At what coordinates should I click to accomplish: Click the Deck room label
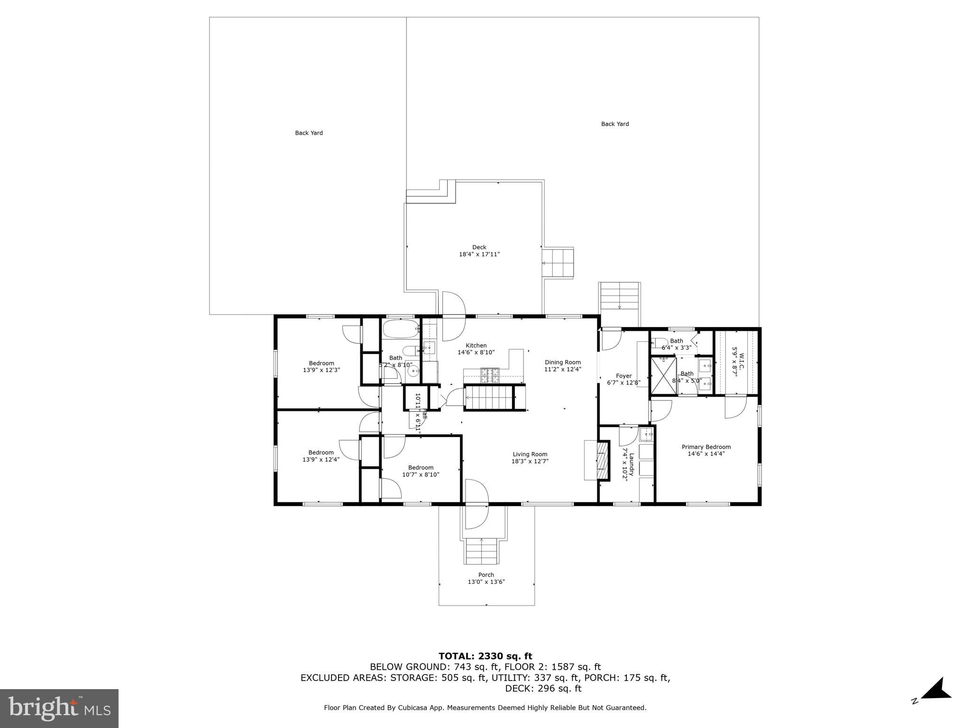[x=479, y=247]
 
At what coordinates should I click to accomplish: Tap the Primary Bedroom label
[x=706, y=447]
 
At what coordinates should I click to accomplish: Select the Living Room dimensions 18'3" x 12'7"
[x=530, y=461]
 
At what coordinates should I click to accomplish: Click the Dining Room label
[x=562, y=362]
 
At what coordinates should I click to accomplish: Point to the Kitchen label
[x=476, y=346]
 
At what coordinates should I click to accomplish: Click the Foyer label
[x=623, y=376]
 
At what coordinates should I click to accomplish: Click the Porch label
[x=486, y=575]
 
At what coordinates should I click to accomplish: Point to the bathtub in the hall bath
[x=401, y=328]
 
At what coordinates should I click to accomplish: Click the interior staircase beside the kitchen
[x=490, y=397]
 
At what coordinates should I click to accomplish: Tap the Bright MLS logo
[x=59, y=708]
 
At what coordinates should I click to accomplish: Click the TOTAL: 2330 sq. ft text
[x=485, y=656]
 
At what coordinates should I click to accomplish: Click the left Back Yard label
[x=309, y=133]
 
